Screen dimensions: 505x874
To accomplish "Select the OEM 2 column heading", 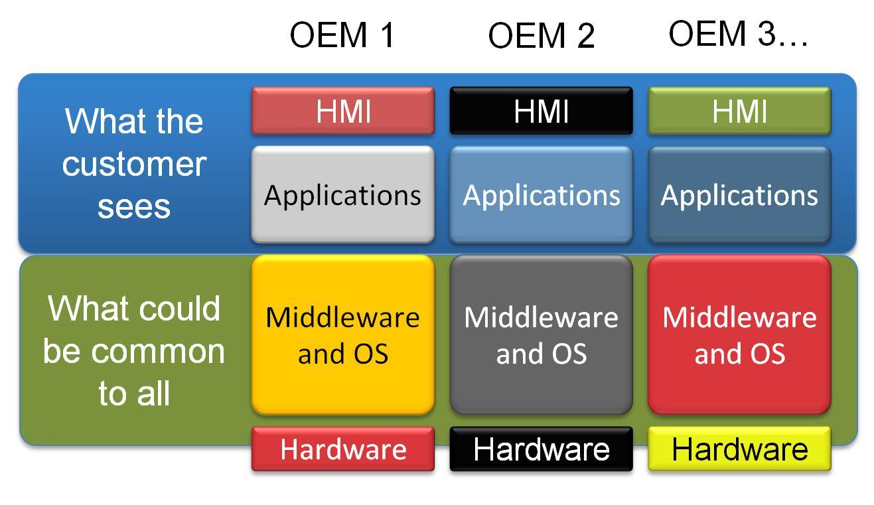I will (541, 35).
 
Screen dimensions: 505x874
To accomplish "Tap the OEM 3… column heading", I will (738, 33).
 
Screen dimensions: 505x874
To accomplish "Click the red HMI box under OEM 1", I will (342, 111).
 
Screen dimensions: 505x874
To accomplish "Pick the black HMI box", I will (541, 111).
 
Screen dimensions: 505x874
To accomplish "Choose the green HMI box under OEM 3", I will (739, 111).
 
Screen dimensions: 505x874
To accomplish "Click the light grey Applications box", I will (342, 195).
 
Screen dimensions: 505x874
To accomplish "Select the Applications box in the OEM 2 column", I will (541, 195).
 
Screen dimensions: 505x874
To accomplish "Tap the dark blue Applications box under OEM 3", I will (739, 195).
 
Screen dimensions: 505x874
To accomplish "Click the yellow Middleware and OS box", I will (342, 335).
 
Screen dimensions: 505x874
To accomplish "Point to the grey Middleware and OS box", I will (541, 335).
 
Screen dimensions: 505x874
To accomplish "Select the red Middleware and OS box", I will (739, 335).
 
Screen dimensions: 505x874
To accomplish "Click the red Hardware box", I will (342, 449).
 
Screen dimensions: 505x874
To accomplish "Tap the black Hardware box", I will (541, 449).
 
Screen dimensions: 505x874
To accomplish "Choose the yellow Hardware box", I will (739, 449).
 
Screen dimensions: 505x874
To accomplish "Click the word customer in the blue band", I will (134, 164).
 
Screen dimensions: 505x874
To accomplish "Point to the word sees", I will (134, 206).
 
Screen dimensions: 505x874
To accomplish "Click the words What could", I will (134, 309).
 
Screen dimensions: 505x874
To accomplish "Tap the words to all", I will (134, 393).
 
